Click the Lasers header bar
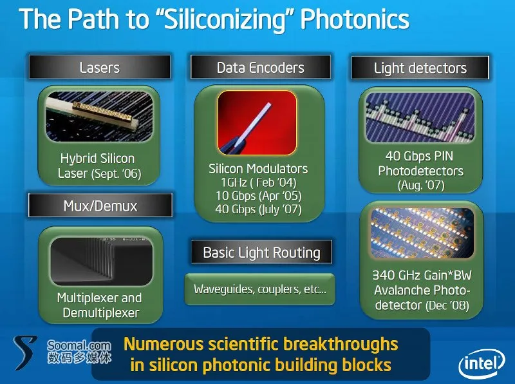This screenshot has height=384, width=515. [x=100, y=67]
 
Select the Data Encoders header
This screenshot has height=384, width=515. [x=261, y=67]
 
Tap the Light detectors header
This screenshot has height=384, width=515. [x=420, y=68]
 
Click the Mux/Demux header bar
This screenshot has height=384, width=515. [x=100, y=206]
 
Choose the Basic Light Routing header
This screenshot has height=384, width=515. [x=261, y=252]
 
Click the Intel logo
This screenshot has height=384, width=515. [x=482, y=363]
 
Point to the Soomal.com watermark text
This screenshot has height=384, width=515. [x=79, y=345]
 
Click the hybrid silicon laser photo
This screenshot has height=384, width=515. [x=99, y=117]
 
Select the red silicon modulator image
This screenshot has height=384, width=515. [x=257, y=122]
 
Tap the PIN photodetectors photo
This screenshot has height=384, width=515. [x=420, y=117]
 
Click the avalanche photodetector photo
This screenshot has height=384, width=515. [x=422, y=233]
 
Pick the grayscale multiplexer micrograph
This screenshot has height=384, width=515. [x=102, y=261]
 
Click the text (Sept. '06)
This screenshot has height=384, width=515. [x=117, y=173]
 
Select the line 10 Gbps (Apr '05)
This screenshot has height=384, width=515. [x=259, y=196]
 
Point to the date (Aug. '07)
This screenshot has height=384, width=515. [x=421, y=186]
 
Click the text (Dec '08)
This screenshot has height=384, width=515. [x=447, y=305]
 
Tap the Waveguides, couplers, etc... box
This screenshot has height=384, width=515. [x=260, y=289]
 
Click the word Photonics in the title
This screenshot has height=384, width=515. [x=355, y=19]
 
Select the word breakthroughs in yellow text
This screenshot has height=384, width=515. [x=341, y=344]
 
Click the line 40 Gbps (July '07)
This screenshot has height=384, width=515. [x=259, y=209]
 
